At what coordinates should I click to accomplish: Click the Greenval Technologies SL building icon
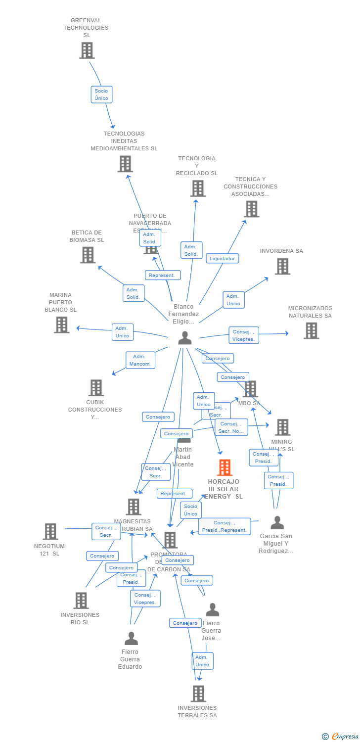point(87,50)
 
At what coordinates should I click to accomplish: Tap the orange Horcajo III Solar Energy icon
point(225,467)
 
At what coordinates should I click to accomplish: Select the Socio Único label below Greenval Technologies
point(101,94)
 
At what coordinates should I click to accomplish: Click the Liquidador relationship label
point(223,258)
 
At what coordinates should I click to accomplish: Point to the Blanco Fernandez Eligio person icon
point(184,338)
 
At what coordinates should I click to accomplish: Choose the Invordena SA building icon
point(282,267)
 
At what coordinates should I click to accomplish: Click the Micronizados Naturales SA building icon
point(311,330)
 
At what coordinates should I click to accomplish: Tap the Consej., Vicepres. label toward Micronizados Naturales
point(244,335)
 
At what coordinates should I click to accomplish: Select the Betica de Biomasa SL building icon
point(88,255)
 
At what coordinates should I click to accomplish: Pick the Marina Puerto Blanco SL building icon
point(61,325)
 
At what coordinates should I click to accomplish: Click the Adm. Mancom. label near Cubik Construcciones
point(140,360)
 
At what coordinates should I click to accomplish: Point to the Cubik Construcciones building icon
point(96,388)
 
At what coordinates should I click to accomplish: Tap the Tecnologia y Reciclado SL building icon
point(198,188)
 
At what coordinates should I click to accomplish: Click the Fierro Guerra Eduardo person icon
point(131,639)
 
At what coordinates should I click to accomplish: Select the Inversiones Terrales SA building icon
point(198,694)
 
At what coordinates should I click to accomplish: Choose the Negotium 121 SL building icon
point(50,531)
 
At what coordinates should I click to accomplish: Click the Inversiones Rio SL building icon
point(81,601)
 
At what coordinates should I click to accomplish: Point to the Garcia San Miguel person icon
point(277,522)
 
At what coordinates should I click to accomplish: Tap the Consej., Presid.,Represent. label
point(225,526)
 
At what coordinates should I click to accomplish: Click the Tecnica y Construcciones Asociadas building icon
point(251,209)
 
